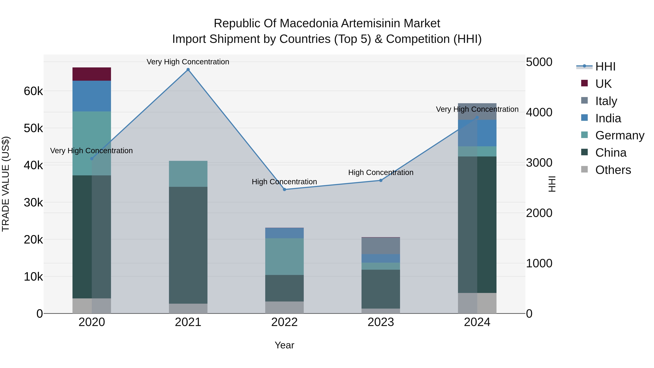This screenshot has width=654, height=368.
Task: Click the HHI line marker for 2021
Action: tap(188, 70)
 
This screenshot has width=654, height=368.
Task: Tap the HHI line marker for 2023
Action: tap(381, 180)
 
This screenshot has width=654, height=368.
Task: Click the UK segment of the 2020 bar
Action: tap(92, 74)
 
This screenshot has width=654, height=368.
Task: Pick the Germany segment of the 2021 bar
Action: tap(188, 174)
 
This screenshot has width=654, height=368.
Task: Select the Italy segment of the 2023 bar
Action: tap(381, 246)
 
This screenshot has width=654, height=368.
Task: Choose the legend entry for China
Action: tap(611, 153)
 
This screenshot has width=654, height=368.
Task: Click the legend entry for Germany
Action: tap(619, 135)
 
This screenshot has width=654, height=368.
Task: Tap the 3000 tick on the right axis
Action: tap(539, 162)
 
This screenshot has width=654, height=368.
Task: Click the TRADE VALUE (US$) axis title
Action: tap(6, 184)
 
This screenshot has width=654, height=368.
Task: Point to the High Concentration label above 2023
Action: tap(381, 172)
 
